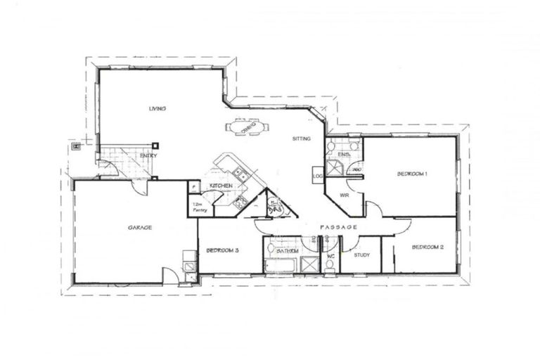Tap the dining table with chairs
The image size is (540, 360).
(246, 128)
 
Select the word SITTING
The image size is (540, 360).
(302, 139)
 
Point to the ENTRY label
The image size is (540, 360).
(148, 155)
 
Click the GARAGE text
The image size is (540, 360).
(140, 227)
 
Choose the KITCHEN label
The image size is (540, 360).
(221, 186)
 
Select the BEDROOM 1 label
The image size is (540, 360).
(412, 173)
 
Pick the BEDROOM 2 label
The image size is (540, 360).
(427, 247)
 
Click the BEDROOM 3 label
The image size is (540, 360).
(222, 250)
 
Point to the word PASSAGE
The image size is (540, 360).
(339, 227)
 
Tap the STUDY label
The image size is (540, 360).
(362, 255)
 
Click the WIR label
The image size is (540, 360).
(345, 195)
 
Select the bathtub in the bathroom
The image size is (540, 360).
(281, 266)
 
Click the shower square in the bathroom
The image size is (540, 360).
(310, 264)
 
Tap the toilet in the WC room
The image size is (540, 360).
(330, 264)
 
